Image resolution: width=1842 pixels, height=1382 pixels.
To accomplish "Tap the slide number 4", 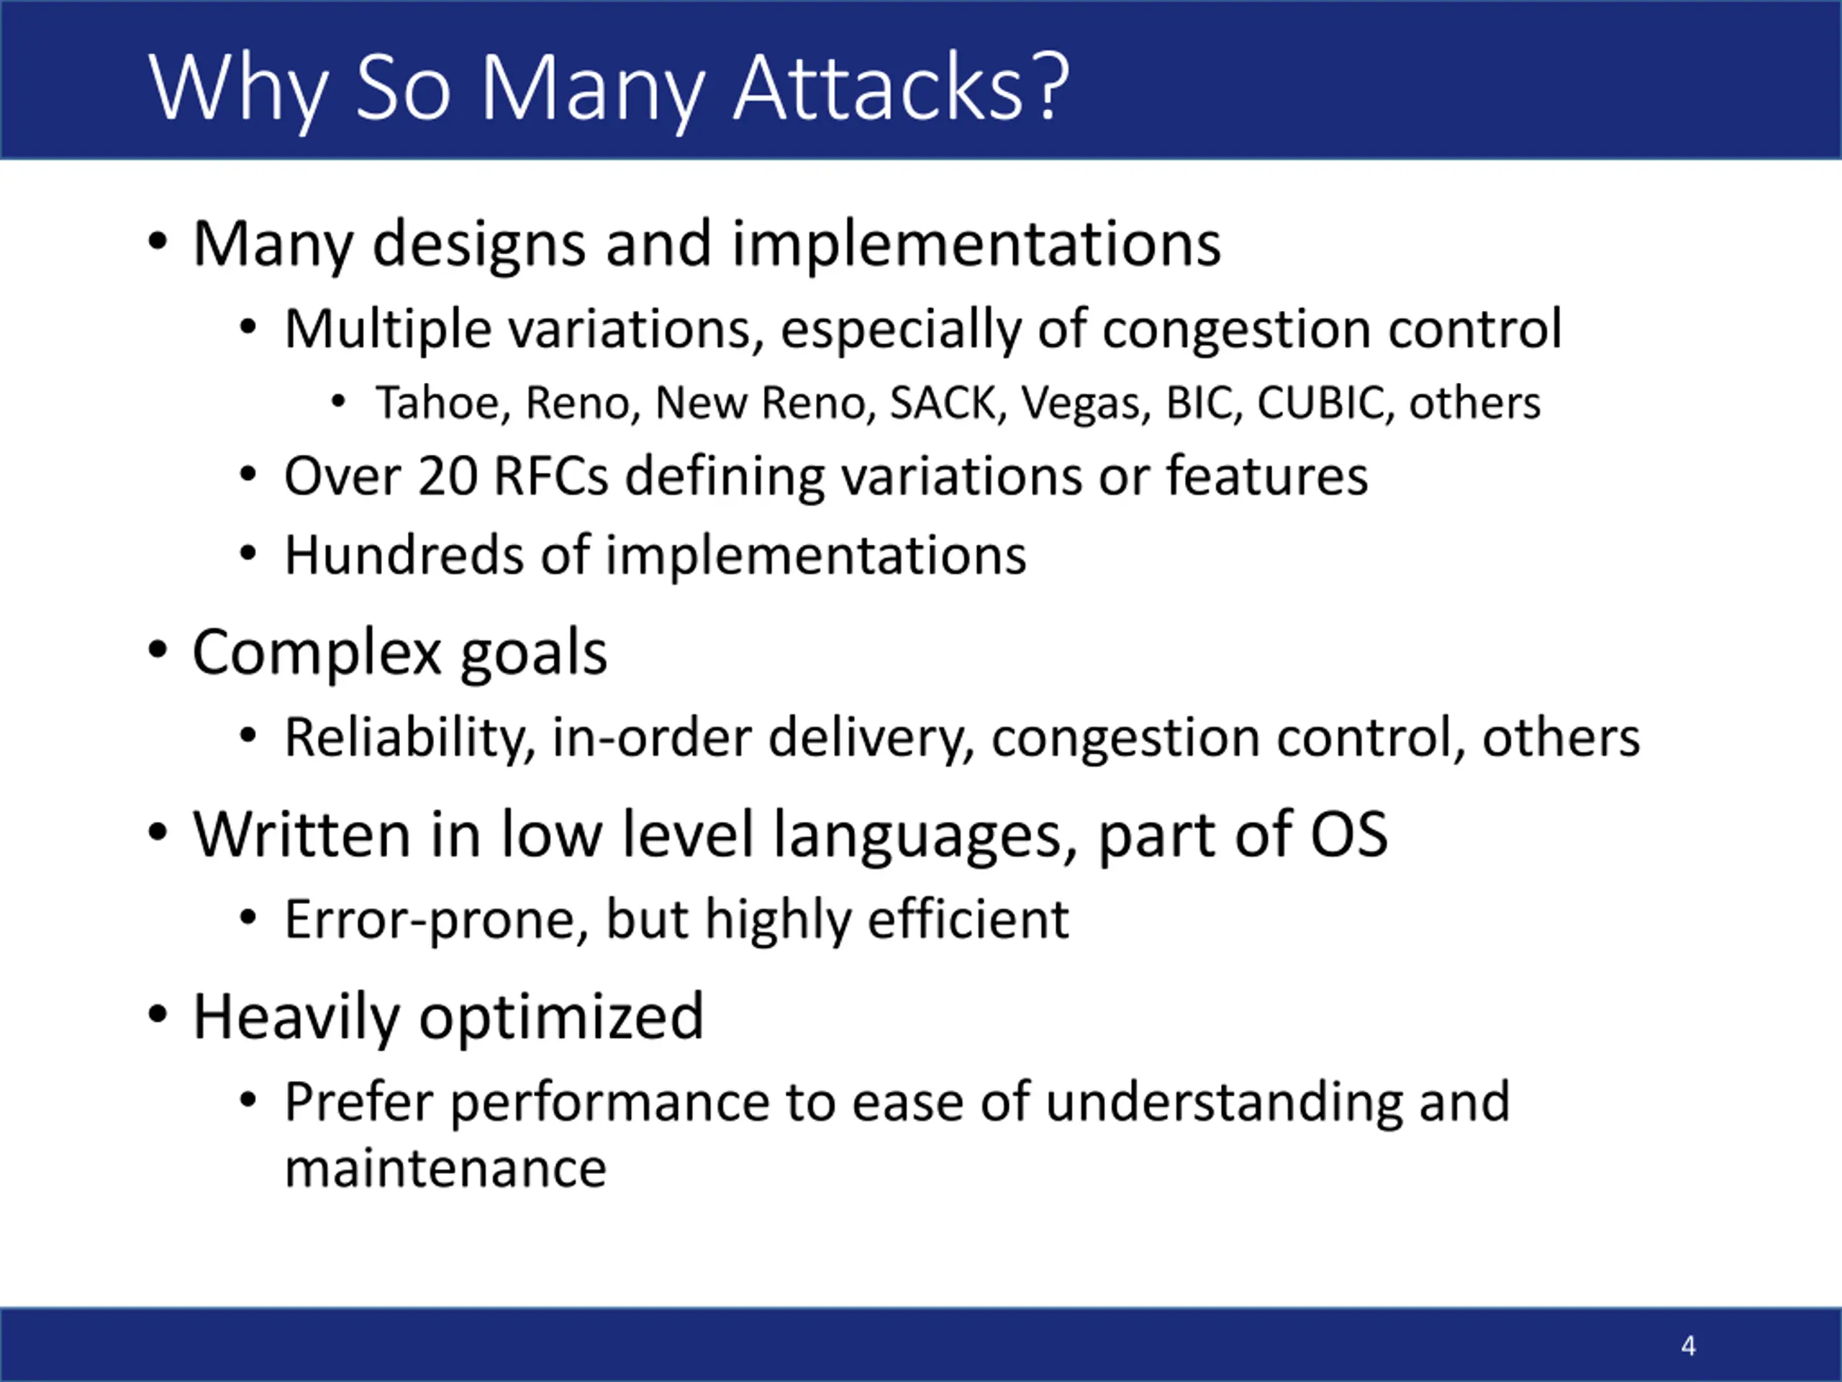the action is coord(1688,1345).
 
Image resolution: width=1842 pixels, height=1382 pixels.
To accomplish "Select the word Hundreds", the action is coord(404,556).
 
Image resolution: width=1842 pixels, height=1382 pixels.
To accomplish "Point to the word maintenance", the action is coord(445,1170).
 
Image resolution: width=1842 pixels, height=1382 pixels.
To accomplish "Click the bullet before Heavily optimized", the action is coord(158,1015).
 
